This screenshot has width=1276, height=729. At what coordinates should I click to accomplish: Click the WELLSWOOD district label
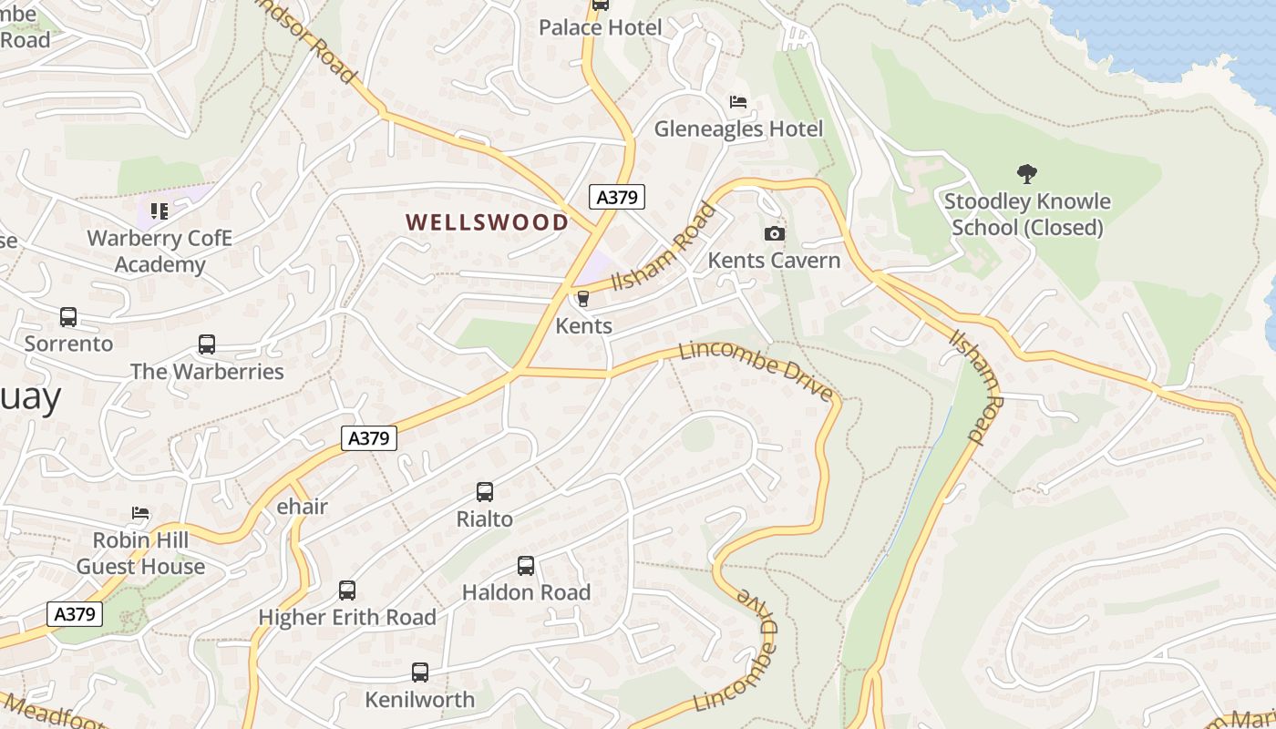coord(487,222)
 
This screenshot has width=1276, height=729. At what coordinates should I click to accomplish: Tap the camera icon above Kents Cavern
coord(774,234)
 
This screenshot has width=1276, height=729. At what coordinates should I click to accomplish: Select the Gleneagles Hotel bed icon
coord(738,102)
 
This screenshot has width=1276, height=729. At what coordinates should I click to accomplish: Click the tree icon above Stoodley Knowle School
coord(1027,173)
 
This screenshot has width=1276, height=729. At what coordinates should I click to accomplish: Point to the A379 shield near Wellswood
coord(617,196)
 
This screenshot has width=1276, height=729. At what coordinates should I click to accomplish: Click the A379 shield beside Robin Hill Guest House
coord(75,614)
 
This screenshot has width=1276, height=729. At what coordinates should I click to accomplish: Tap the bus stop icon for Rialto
coord(485,492)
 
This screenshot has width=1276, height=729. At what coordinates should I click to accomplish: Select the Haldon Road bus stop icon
coord(526,565)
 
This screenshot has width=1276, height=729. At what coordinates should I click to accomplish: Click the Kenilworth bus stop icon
coord(419,673)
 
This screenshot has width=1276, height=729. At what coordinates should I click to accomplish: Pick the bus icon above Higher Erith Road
coord(347,590)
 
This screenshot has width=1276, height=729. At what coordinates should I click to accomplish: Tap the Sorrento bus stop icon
coord(68,317)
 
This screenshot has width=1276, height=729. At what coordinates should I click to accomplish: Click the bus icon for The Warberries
coord(207,344)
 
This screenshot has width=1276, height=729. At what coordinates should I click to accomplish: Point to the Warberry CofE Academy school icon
coord(159,211)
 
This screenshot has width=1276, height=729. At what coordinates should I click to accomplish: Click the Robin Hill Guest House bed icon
coord(140,513)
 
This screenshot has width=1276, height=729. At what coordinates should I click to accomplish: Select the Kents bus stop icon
coord(583,298)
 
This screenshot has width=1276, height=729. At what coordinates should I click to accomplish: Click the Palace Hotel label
coord(600,27)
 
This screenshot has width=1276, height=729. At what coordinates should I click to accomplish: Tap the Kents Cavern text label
coord(774,261)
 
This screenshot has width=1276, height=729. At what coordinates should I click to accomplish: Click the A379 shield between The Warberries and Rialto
coord(369,438)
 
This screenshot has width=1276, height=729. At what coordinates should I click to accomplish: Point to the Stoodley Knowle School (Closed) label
coord(1027,214)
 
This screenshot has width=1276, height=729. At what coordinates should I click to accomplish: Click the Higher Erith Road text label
coord(347,617)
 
